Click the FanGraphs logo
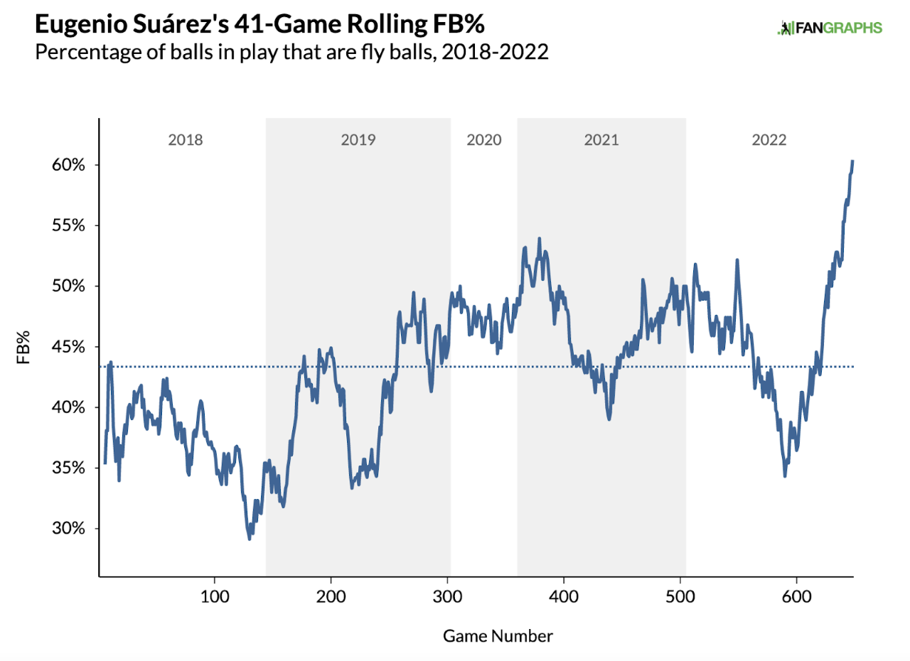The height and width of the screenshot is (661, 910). point(830,28)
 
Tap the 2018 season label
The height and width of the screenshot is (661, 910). point(186,140)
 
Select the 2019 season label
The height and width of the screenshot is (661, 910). point(358,140)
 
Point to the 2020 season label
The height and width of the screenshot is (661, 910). point(484,140)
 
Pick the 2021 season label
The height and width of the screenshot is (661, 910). point(601,140)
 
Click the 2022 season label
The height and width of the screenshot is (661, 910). point(769,140)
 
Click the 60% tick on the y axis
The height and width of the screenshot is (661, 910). point(68,165)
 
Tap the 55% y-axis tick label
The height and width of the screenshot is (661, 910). point(68,226)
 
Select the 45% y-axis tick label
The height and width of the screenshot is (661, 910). point(68,347)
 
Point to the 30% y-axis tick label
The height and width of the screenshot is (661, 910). point(68,529)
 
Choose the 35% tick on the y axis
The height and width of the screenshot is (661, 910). point(68,468)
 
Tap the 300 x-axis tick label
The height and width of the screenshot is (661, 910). point(447,596)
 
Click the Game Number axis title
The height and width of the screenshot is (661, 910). point(498,635)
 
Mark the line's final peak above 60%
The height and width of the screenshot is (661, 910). point(852,161)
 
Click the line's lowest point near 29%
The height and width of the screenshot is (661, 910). point(249,539)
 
